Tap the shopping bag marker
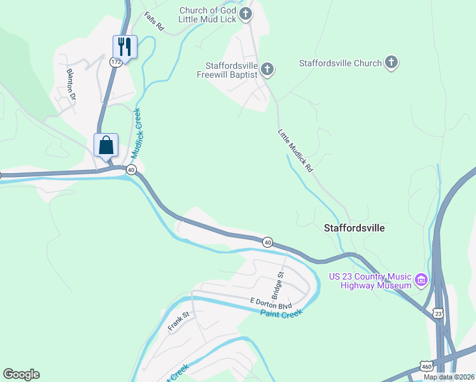(106, 145)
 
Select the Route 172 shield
(115, 62)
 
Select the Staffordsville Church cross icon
(392, 63)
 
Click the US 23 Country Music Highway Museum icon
(421, 279)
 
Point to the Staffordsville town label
(354, 227)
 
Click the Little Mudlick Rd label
(296, 152)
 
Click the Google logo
(21, 374)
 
